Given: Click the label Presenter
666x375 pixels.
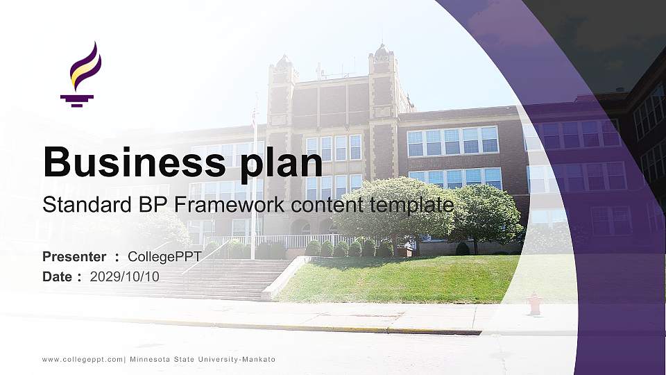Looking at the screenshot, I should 74,257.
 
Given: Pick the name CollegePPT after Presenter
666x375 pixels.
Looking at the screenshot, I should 164,257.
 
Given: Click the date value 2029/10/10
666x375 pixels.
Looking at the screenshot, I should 125,276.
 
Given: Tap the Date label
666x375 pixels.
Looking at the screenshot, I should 58,276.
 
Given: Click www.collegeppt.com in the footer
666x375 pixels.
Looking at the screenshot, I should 83,359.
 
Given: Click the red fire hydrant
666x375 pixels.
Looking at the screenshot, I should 534,303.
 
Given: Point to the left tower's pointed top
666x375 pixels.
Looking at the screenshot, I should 282,61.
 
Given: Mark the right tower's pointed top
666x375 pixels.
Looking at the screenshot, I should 380,50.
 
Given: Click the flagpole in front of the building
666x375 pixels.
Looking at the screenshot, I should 254,181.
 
